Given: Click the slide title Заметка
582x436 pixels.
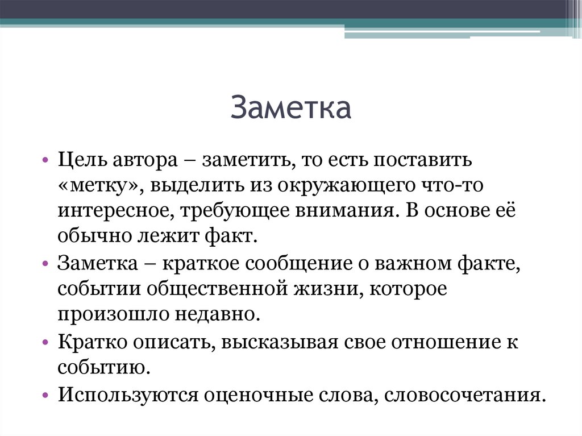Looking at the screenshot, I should (291, 109).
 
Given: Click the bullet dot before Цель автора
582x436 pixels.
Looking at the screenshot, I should (46, 161).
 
